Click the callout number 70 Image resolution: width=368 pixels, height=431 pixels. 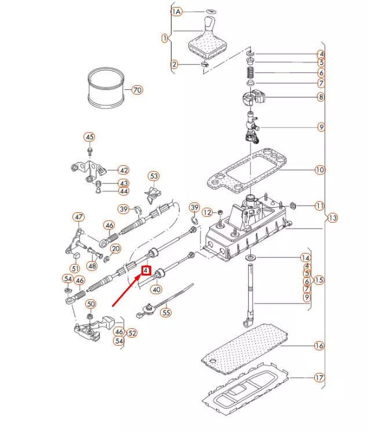pyautogui.click(x=137, y=90)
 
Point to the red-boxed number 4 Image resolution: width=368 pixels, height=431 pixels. pyautogui.click(x=146, y=270)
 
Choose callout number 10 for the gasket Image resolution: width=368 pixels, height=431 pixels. pyautogui.click(x=319, y=170)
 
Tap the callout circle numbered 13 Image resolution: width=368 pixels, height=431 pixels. pyautogui.click(x=332, y=218)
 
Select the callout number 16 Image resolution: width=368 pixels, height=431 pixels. pyautogui.click(x=319, y=346)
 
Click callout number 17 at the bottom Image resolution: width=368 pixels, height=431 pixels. pyautogui.click(x=319, y=378)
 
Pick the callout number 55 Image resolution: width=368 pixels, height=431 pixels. pyautogui.click(x=166, y=312)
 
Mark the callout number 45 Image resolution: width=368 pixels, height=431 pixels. pyautogui.click(x=89, y=137)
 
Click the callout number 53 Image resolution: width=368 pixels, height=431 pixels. pyautogui.click(x=154, y=176)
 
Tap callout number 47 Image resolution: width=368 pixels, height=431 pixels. pyautogui.click(x=79, y=218)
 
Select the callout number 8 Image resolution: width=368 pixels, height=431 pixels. pyautogui.click(x=320, y=97)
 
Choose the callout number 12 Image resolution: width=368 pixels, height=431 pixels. pyautogui.click(x=207, y=212)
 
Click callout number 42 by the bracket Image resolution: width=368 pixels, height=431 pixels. pyautogui.click(x=123, y=170)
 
